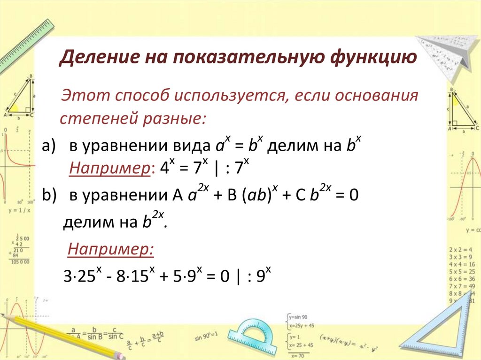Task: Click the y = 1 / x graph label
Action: (19, 210)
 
